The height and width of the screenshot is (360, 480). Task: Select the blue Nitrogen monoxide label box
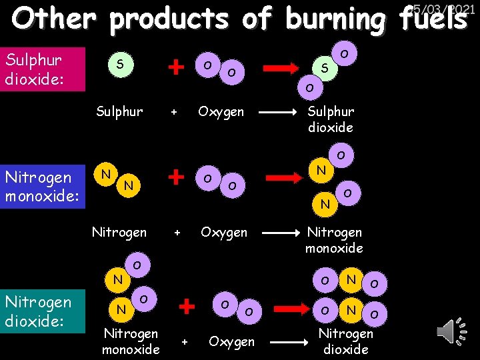coord(43,187)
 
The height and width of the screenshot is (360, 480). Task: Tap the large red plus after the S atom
coord(176,67)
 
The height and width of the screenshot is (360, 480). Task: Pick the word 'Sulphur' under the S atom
coord(119,111)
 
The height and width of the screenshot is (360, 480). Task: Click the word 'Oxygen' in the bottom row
coord(231,341)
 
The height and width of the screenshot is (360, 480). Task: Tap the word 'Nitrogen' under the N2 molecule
coord(119,232)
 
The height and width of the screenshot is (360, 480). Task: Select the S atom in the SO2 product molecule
coord(324,68)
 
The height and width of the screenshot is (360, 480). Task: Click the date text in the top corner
coord(443,9)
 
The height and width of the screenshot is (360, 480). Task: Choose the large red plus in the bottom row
coord(188,306)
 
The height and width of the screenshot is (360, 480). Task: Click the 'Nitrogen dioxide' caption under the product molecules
coord(346,341)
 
